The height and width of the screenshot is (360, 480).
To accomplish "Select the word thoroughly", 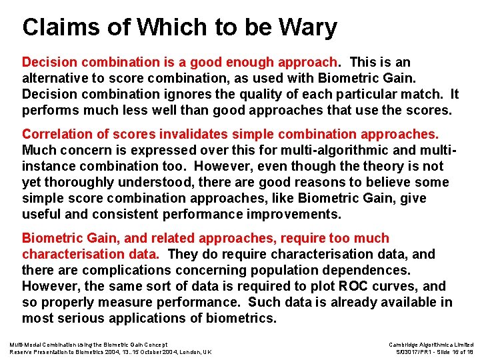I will pos(81,183).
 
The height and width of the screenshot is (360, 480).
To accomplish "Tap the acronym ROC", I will pos(347,287).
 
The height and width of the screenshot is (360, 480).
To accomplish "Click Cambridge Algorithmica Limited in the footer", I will pos(431,344).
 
